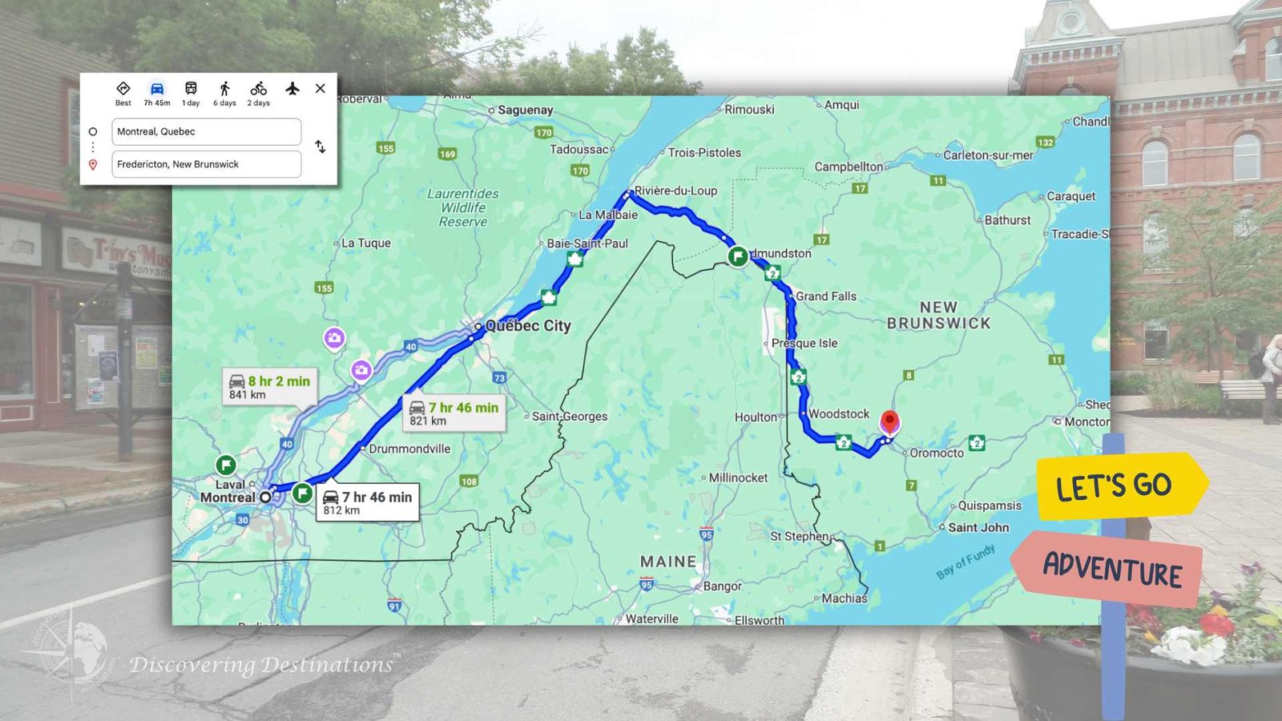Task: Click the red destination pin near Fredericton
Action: point(889,421)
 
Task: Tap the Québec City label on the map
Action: point(528,325)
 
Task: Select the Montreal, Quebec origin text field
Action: point(206,131)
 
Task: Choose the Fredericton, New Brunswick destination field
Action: point(206,164)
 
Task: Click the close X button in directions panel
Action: point(320,88)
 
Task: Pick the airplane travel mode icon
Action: point(292,88)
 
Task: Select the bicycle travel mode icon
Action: point(258,89)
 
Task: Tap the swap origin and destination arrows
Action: point(320,147)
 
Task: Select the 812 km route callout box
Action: point(368,503)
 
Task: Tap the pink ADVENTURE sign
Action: point(1111,569)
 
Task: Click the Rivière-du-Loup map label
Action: point(675,191)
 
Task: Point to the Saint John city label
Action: point(978,527)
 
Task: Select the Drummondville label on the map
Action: point(409,449)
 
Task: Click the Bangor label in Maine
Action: point(722,586)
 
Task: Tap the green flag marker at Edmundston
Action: point(738,256)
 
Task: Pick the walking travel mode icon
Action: point(224,89)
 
